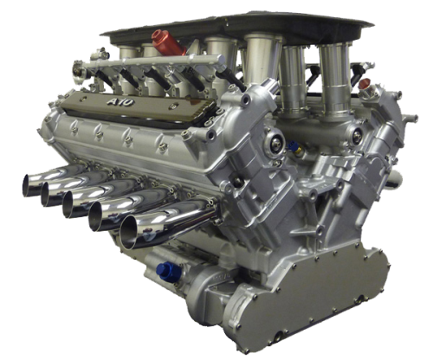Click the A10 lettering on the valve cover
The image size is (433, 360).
pos(120,102)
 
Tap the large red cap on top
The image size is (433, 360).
pos(169,42)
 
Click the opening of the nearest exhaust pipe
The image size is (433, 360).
pos(128,233)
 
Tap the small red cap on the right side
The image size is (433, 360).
pos(365,84)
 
